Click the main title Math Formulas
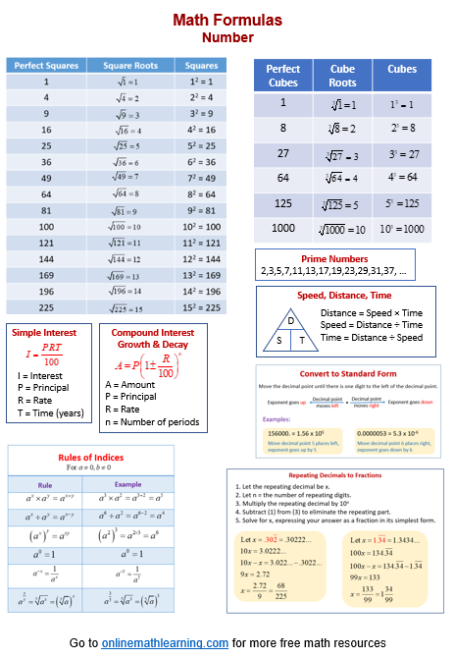point(227,19)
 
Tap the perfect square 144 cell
point(46,258)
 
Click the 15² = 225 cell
point(201,306)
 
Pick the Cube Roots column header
point(342,77)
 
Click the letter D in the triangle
point(290,321)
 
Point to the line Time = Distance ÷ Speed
point(372,338)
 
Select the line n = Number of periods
point(158,422)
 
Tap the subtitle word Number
point(227,38)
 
